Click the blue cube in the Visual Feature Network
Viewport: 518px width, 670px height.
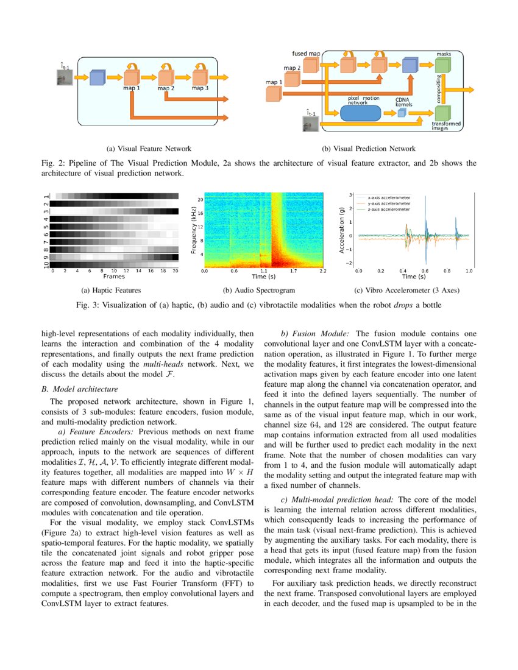[x=98, y=78]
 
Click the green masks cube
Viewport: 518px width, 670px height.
[x=444, y=66]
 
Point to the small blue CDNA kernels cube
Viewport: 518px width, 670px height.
[x=401, y=115]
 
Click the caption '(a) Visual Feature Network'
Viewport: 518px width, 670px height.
[x=149, y=148]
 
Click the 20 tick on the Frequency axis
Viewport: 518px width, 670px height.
[x=199, y=199]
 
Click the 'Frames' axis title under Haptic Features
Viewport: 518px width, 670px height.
[x=113, y=276]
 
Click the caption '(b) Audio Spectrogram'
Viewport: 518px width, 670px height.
[x=259, y=291]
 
